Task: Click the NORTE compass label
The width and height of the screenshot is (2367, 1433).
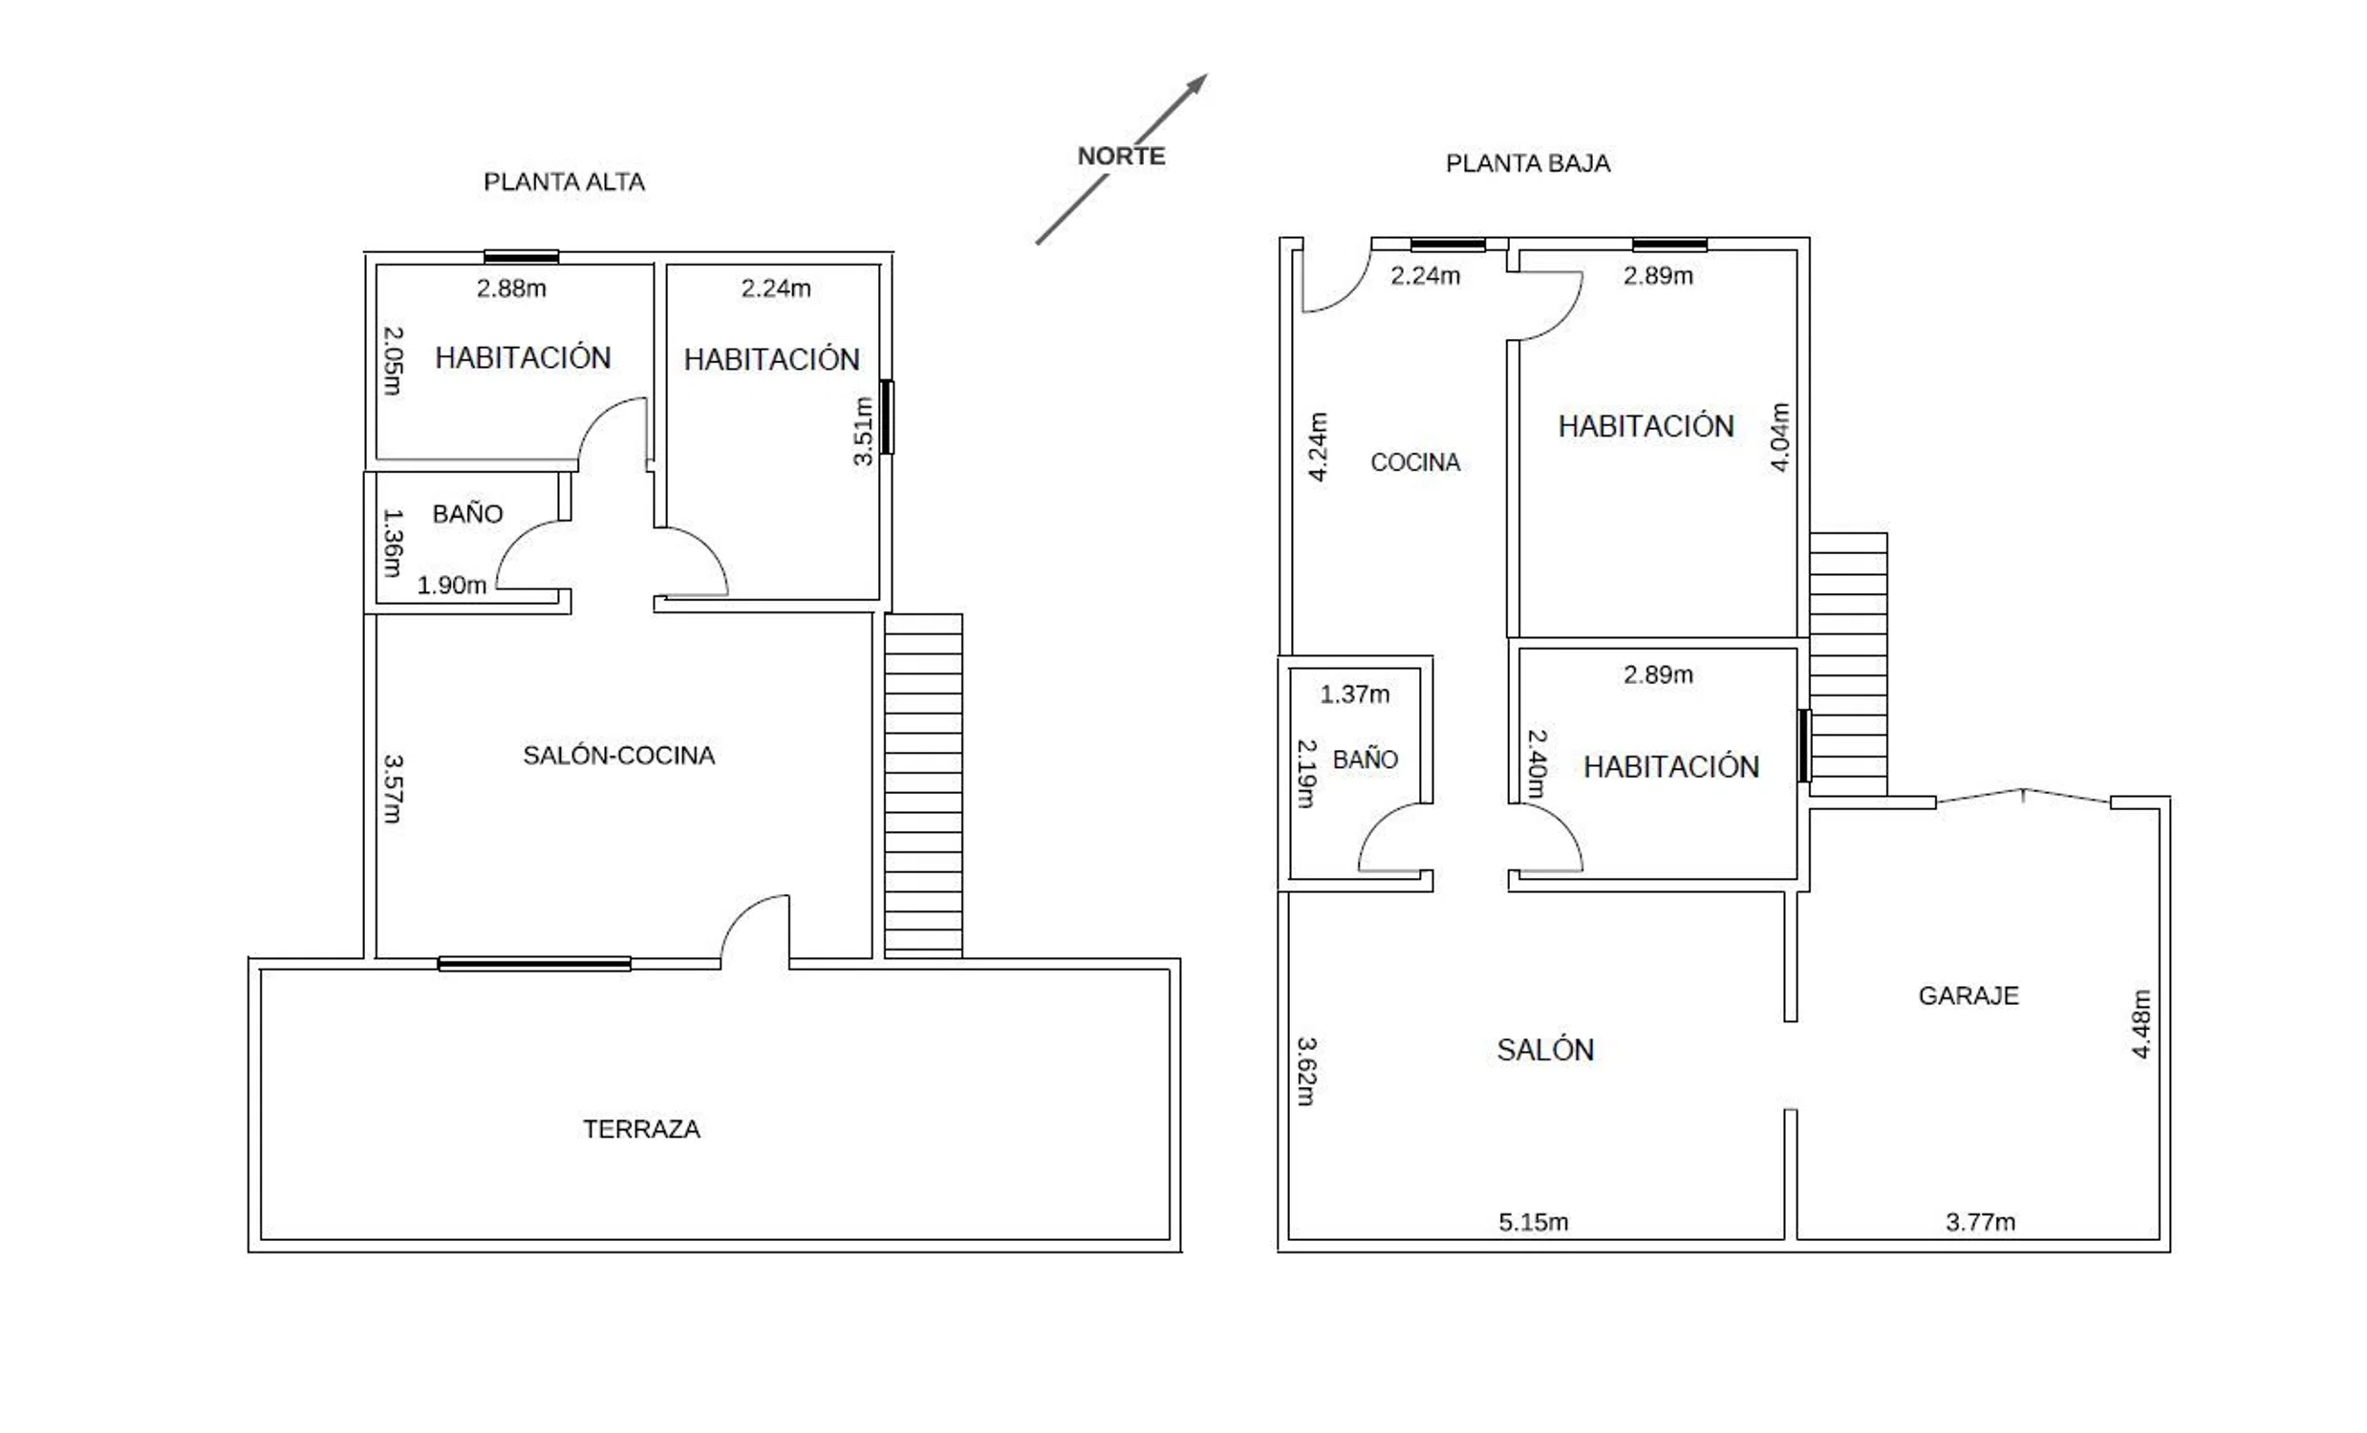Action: click(1121, 156)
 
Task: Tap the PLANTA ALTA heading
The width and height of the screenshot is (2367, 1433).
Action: click(564, 182)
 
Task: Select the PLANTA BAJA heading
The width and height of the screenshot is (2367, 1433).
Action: click(1527, 163)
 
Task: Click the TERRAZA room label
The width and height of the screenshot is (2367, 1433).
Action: click(642, 1128)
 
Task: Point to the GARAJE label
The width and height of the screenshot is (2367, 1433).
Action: click(1969, 995)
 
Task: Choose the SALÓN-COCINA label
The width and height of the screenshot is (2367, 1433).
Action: click(618, 755)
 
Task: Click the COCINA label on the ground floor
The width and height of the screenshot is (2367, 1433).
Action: click(1415, 462)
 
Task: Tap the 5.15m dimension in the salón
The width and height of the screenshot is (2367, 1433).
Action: click(1533, 1222)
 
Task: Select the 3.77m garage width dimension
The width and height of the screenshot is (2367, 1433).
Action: click(1981, 1222)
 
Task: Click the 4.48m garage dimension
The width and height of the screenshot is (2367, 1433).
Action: click(2141, 1024)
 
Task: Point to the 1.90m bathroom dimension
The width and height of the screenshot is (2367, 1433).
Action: click(451, 585)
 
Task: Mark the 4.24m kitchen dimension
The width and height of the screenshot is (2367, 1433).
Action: click(1318, 446)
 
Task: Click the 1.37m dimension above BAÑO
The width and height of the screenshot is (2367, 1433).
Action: click(1354, 694)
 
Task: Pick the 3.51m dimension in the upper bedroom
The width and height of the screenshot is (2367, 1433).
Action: click(863, 431)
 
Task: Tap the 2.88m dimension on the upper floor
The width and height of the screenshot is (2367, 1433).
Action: click(511, 289)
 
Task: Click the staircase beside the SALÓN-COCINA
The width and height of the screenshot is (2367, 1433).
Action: click(923, 785)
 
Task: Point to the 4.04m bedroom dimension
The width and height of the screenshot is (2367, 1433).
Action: click(1779, 437)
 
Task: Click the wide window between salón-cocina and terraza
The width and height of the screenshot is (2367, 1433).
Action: click(534, 963)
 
